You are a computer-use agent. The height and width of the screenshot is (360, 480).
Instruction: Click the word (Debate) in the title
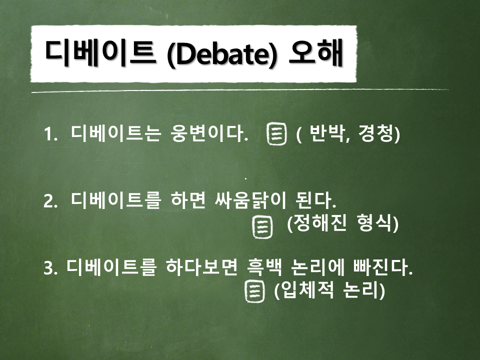click(x=221, y=53)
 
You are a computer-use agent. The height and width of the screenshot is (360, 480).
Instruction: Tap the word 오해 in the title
click(x=315, y=52)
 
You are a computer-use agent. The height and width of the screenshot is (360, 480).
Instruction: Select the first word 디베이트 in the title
click(x=100, y=52)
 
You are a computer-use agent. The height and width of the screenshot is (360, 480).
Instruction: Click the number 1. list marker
click(x=50, y=134)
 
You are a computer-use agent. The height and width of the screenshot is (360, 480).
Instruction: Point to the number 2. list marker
click(x=50, y=201)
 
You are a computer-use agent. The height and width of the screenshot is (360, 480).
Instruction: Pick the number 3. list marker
click(x=50, y=268)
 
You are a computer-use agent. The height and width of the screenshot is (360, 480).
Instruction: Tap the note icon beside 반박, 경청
click(x=277, y=134)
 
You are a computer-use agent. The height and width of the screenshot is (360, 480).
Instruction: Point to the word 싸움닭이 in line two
click(x=250, y=200)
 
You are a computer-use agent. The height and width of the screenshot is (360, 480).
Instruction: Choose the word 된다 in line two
click(x=315, y=200)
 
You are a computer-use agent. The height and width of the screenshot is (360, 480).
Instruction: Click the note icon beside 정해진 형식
click(x=262, y=227)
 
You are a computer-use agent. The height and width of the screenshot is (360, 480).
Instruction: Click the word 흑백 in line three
click(x=264, y=267)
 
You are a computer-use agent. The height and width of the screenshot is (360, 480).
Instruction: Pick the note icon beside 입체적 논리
click(x=254, y=291)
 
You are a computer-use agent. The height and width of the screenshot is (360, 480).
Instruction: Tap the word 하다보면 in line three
click(x=201, y=267)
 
